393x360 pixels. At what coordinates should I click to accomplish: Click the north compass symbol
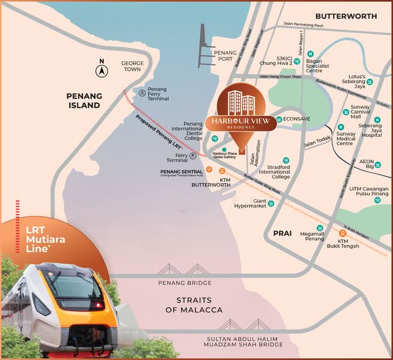point(102,70)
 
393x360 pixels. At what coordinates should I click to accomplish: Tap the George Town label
point(131,66)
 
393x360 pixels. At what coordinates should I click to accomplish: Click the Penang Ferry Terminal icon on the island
point(141,93)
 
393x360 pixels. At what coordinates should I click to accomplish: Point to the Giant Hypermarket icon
point(271,203)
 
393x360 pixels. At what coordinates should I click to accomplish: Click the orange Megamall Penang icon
point(320,228)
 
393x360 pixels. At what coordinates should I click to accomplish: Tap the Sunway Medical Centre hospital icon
point(341,127)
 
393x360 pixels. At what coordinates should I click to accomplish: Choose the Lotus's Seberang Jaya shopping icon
point(370,82)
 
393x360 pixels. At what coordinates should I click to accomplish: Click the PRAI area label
point(278,230)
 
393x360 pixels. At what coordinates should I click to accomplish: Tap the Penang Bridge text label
point(185,283)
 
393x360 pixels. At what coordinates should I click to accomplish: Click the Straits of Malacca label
point(194,305)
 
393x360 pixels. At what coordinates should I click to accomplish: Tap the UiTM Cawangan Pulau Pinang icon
point(377,200)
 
